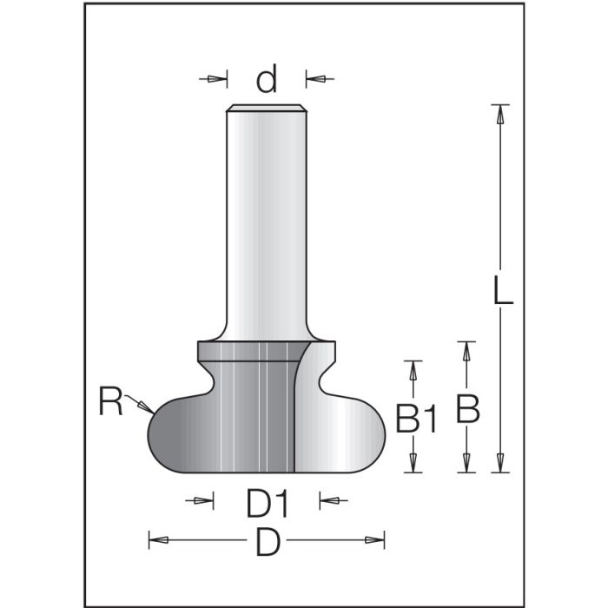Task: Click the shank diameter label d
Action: tap(267, 80)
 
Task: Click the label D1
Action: tap(267, 501)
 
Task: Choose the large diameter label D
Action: tap(268, 543)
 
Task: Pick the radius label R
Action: tap(110, 402)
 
